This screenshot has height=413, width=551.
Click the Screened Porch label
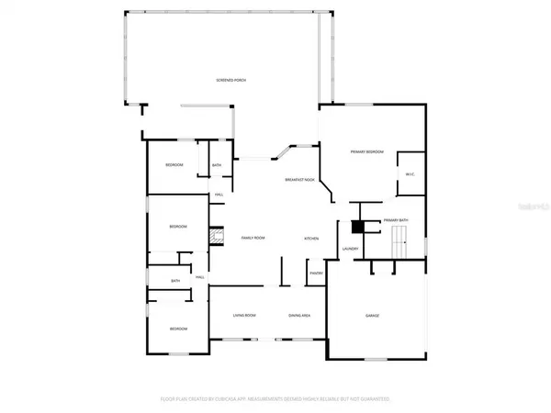tap(231, 81)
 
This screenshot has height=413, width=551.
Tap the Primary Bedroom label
tap(365, 151)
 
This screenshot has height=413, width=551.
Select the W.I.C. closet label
tap(410, 175)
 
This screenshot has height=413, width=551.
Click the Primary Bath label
tap(396, 221)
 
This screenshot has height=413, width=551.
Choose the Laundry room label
tap(350, 248)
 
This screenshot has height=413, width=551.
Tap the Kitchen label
tap(311, 239)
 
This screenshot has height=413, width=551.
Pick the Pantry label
tap(315, 273)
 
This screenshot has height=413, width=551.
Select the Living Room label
tap(243, 315)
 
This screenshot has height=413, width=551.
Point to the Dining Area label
tap(299, 315)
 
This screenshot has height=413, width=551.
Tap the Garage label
tap(373, 315)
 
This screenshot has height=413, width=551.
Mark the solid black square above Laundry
tap(358, 226)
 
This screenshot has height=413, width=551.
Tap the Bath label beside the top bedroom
tap(217, 165)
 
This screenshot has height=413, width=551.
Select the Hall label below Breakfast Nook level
tap(219, 195)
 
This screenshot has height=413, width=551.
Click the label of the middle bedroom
tap(178, 227)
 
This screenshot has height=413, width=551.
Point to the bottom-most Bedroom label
tap(178, 329)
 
